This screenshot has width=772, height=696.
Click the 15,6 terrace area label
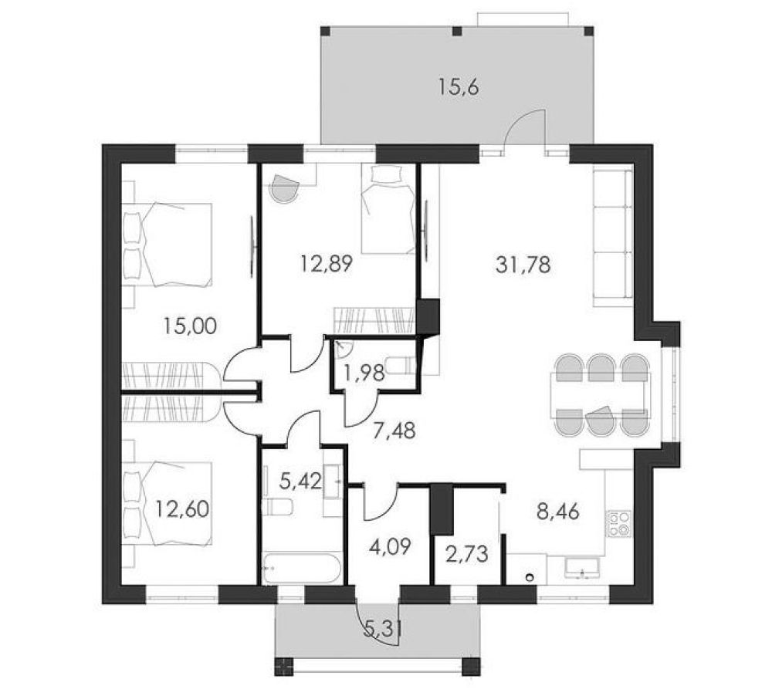click(x=459, y=88)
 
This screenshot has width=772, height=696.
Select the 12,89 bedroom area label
click(x=327, y=265)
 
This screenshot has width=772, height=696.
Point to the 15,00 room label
click(x=191, y=326)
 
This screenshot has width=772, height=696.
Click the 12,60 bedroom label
click(x=182, y=508)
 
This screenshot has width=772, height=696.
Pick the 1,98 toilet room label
click(x=364, y=373)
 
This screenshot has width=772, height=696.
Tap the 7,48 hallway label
click(x=394, y=431)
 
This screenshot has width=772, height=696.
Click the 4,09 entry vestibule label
click(x=390, y=546)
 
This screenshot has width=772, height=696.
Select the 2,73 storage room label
click(x=467, y=554)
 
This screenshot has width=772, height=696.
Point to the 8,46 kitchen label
click(x=558, y=512)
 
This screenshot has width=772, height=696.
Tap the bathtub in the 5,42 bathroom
click(x=301, y=569)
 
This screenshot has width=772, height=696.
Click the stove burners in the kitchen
click(x=619, y=524)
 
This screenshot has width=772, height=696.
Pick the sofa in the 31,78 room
click(x=613, y=235)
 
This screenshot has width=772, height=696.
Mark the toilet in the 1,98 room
click(x=399, y=365)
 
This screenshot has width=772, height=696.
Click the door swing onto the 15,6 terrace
click(x=524, y=128)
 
